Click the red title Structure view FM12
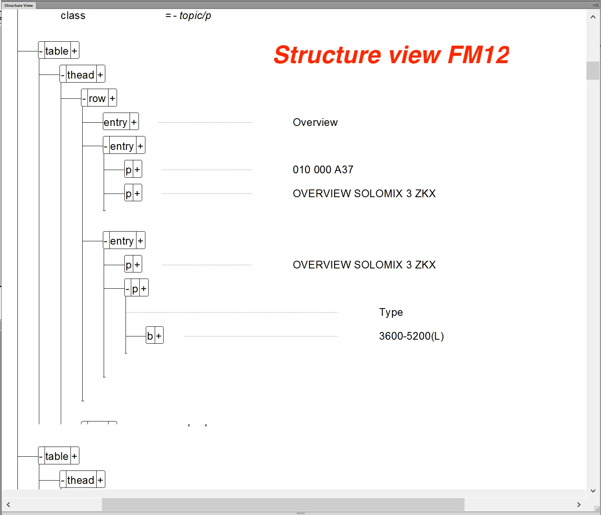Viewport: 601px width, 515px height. point(391,55)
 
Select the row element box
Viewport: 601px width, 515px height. point(97,98)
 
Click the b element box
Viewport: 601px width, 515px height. point(150,336)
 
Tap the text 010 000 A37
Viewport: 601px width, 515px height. point(323,170)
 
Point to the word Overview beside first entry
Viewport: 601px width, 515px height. point(315,122)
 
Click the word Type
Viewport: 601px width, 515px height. point(391,312)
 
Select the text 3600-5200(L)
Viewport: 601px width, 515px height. point(411,336)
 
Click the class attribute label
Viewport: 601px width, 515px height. point(73,16)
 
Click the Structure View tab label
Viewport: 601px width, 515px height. point(19,5)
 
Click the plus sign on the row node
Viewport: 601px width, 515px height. point(113,98)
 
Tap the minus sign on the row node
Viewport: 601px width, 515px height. point(84,98)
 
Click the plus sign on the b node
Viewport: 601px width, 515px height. point(159,336)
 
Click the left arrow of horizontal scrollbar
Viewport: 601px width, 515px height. point(8,504)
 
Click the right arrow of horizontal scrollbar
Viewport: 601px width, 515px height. point(579,504)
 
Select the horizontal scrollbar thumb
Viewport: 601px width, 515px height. point(283,504)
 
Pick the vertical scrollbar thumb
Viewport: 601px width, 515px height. point(593,71)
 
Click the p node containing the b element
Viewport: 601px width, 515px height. point(135,288)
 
